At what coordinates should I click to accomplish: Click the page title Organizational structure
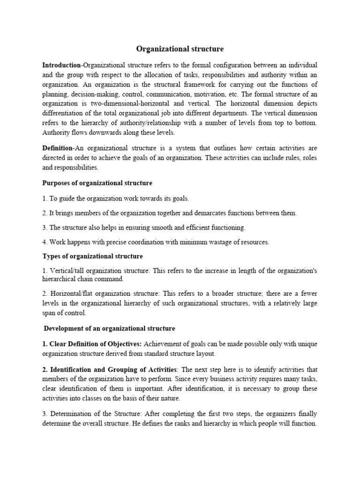(180, 49)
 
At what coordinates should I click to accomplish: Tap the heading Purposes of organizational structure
(97, 182)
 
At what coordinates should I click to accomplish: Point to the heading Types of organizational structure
(92, 256)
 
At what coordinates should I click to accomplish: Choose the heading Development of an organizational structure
(110, 328)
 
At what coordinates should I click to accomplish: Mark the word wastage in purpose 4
(213, 242)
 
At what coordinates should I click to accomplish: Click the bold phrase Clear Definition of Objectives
(91, 344)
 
